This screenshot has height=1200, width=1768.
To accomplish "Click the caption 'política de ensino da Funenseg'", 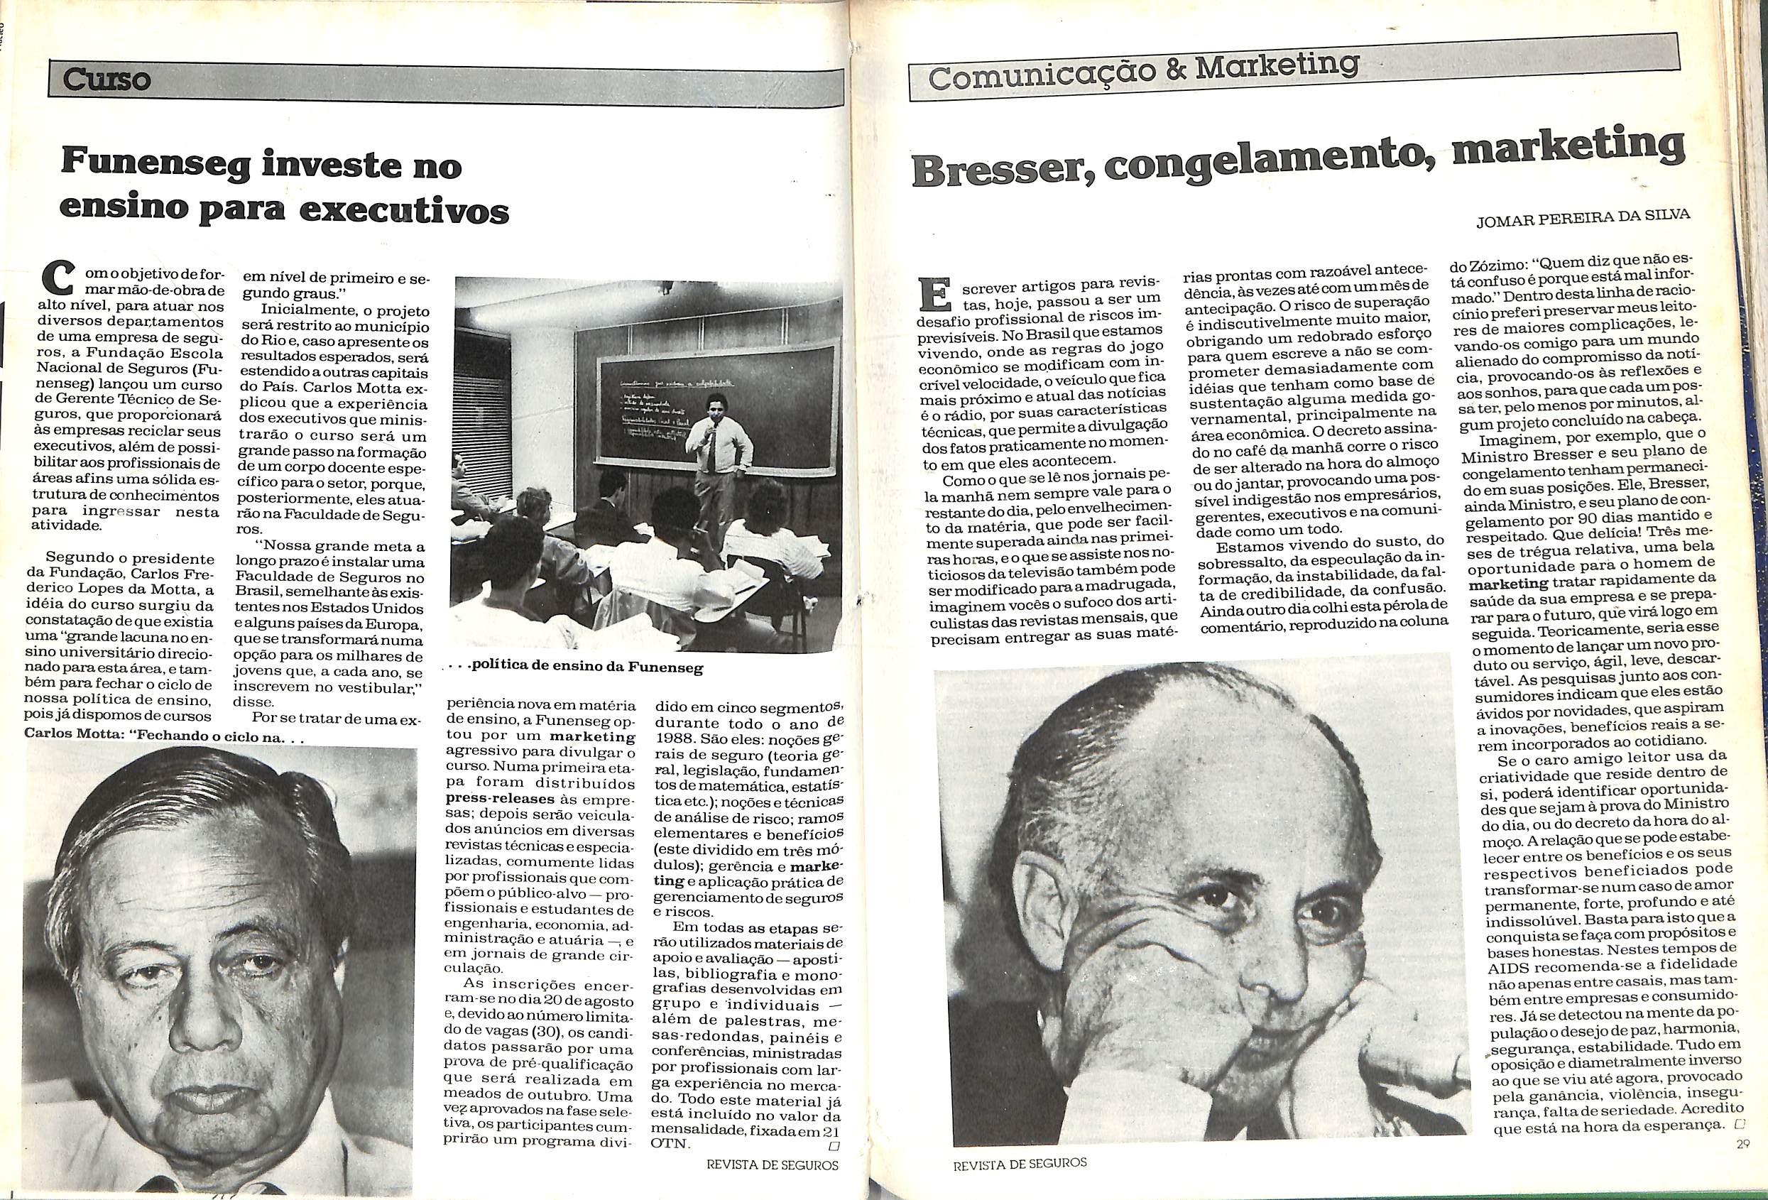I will coord(586,668).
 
